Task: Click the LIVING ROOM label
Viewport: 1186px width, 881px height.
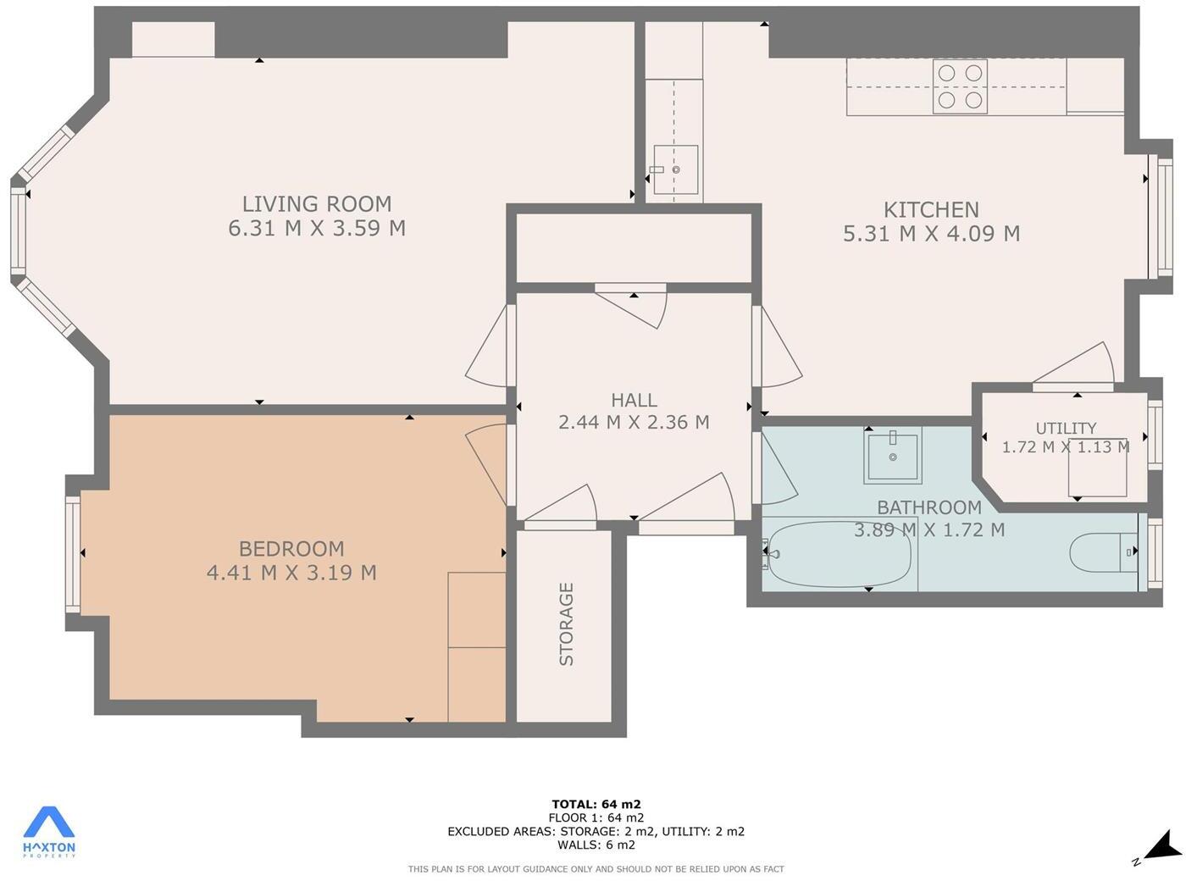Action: click(x=317, y=204)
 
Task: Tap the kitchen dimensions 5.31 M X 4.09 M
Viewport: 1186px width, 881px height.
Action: click(x=931, y=234)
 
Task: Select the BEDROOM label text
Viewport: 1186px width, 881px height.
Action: click(x=291, y=549)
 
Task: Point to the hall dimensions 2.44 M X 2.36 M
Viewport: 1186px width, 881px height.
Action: click(x=634, y=422)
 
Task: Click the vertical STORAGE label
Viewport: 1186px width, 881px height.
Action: click(x=567, y=623)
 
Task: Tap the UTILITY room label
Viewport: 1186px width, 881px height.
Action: click(x=1066, y=429)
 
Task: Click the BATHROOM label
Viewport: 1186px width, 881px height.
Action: click(x=929, y=507)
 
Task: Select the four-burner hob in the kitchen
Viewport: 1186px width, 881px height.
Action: click(x=960, y=86)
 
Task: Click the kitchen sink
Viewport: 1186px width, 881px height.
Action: click(x=675, y=169)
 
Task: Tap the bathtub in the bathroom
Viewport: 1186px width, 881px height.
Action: click(x=839, y=554)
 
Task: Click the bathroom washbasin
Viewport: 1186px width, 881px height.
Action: click(x=893, y=457)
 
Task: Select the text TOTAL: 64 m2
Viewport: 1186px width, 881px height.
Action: click(x=596, y=804)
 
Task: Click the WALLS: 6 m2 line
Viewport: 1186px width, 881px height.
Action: click(x=596, y=845)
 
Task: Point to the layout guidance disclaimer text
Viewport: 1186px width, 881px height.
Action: click(x=596, y=868)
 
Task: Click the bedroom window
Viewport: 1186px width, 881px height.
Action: click(x=73, y=554)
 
